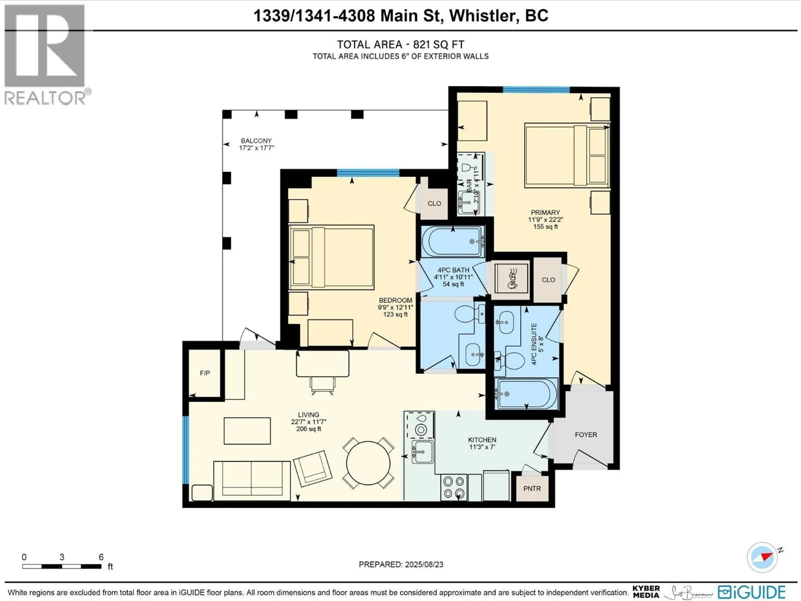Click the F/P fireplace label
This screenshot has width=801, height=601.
[205, 373]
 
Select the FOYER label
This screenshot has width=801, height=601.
[586, 435]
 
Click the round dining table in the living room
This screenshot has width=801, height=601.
[368, 463]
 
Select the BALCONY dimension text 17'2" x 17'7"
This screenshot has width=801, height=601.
[256, 148]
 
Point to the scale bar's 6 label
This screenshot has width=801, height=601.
[101, 557]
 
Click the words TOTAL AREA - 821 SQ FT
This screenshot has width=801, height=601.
[400, 45]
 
